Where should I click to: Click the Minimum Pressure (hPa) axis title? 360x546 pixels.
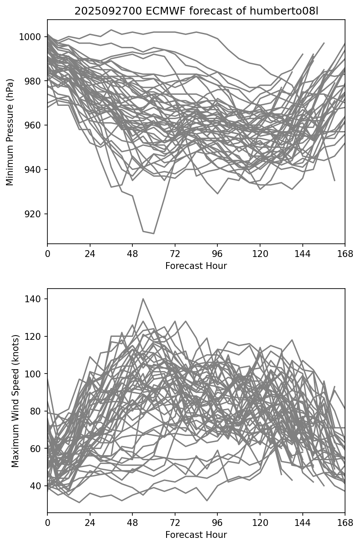click(10, 132)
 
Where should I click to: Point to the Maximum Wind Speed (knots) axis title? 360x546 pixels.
click(15, 401)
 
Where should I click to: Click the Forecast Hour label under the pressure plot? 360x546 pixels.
click(196, 266)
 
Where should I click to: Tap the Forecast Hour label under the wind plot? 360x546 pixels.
click(196, 535)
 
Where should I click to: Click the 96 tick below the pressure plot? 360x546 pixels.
click(217, 254)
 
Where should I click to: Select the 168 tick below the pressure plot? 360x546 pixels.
click(345, 254)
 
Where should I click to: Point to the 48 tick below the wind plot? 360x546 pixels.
click(132, 523)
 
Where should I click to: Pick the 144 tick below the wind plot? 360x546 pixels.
click(303, 523)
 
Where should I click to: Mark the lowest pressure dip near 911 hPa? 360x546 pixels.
click(153, 234)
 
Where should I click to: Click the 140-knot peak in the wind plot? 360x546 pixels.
click(143, 299)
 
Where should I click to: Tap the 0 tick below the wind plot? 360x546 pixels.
click(47, 523)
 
